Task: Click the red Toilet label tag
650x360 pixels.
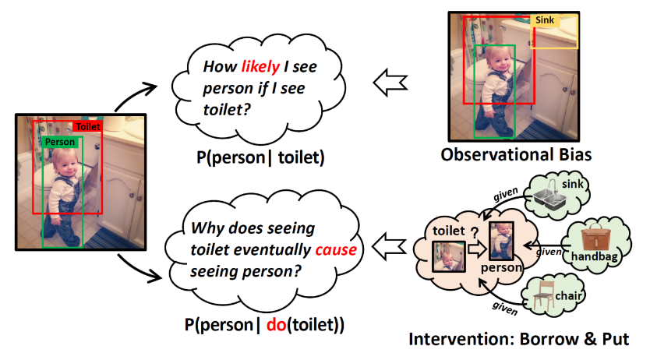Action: pyautogui.click(x=88, y=126)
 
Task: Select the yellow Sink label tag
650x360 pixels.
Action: pyautogui.click(x=544, y=19)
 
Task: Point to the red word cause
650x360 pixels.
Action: pyautogui.click(x=336, y=250)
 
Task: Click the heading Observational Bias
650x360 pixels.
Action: pyautogui.click(x=516, y=154)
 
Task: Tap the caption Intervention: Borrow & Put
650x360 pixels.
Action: pyautogui.click(x=518, y=341)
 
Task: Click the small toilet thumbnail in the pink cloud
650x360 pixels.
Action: pyautogui.click(x=450, y=258)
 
